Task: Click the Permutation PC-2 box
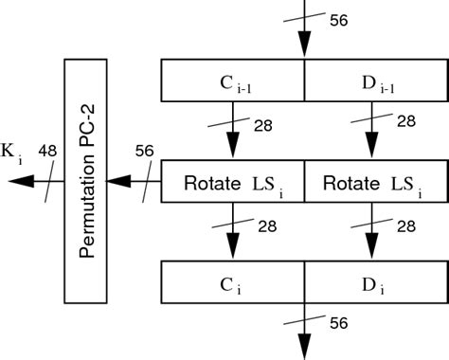pyautogui.click(x=90, y=180)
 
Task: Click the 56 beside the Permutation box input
pyautogui.click(x=144, y=150)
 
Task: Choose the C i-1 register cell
pyautogui.click(x=233, y=81)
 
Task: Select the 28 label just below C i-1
pyautogui.click(x=265, y=124)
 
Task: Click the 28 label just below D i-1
pyautogui.click(x=406, y=124)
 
